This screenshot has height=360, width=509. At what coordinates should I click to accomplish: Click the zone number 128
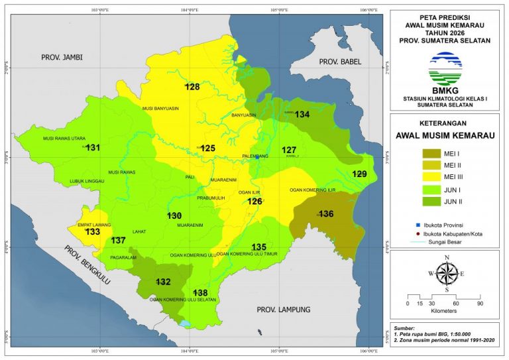click(x=192, y=88)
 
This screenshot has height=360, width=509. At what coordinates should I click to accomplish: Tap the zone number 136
click(x=326, y=214)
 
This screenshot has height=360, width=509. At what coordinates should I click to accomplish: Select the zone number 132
click(x=163, y=282)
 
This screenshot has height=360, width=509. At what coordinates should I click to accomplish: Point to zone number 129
click(x=359, y=174)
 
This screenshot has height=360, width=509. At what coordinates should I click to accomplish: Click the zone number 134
click(x=302, y=115)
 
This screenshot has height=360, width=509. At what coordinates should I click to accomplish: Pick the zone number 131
click(x=93, y=147)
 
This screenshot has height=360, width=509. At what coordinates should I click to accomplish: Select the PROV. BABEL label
click(x=338, y=62)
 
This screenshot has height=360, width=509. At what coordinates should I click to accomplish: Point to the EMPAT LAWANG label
click(x=93, y=225)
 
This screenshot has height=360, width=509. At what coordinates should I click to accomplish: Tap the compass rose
click(x=447, y=272)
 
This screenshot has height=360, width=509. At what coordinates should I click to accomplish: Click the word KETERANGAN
click(x=447, y=123)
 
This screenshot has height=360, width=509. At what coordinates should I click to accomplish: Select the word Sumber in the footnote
click(x=404, y=328)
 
